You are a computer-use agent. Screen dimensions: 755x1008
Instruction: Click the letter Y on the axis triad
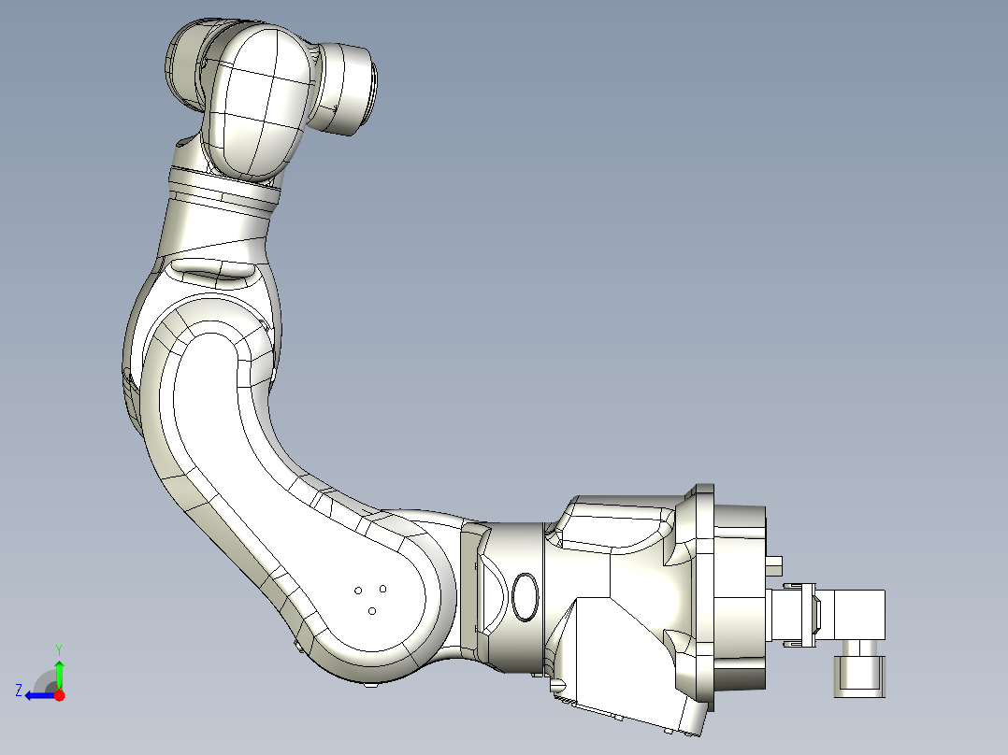point(59,648)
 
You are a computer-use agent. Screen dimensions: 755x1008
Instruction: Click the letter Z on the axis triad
point(19,690)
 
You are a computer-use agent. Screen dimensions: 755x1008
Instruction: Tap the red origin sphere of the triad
point(60,695)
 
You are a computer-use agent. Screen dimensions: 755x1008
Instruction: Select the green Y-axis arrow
point(60,673)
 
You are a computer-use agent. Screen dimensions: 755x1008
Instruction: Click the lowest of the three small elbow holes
point(372,611)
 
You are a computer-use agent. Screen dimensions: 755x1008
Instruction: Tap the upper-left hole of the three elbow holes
point(359,591)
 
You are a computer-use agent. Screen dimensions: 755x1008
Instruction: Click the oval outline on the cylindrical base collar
point(526,598)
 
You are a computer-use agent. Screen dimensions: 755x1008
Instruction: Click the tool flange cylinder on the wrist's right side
point(349,90)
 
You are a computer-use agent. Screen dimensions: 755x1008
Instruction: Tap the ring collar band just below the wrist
point(224,190)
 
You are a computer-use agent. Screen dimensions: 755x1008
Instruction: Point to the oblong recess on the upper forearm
point(215,272)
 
